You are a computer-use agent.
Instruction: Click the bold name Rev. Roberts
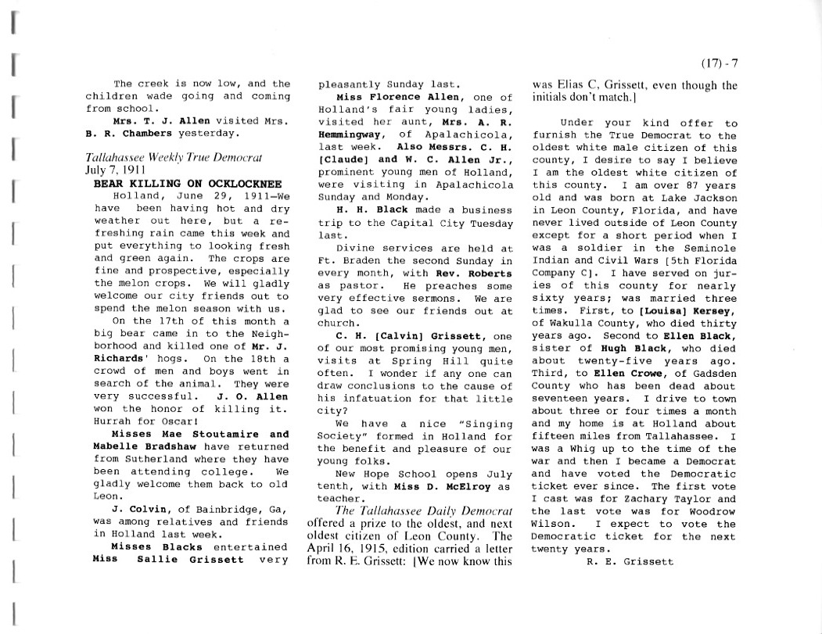click(480, 274)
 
